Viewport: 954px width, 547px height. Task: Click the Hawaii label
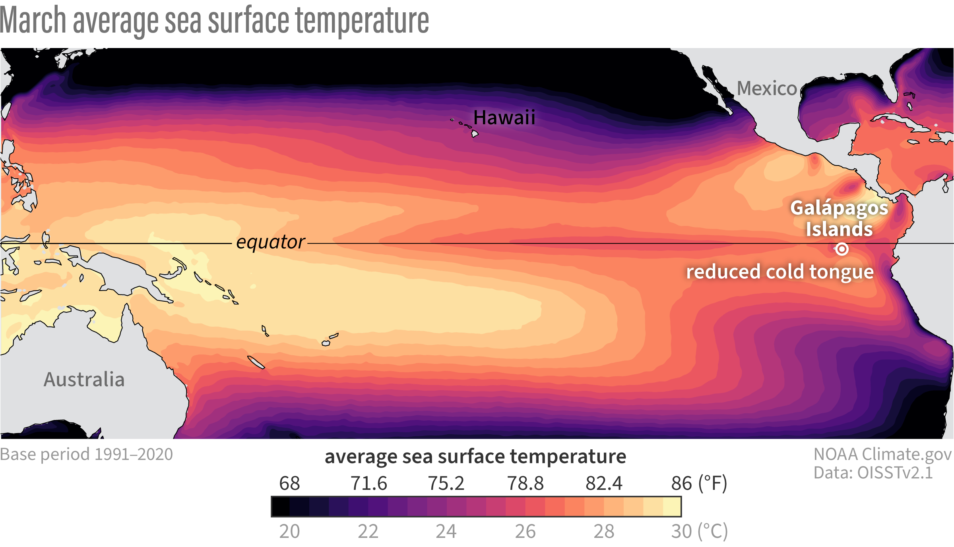[x=504, y=117]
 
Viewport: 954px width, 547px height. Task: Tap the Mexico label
[x=767, y=88]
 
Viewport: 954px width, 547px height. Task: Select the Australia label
[x=84, y=379]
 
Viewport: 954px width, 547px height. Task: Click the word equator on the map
[x=270, y=242]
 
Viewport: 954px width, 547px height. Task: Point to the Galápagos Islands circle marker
[x=842, y=249]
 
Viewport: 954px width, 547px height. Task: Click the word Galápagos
[x=839, y=208]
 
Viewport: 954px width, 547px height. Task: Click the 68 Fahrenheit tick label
[x=289, y=483]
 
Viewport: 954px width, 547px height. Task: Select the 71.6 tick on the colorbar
[x=368, y=483]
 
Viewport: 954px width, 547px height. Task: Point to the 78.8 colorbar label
[x=525, y=483]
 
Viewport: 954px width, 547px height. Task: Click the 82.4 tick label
[x=604, y=483]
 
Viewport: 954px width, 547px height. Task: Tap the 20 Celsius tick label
[x=289, y=531]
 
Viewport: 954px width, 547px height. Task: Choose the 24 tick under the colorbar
[x=446, y=531]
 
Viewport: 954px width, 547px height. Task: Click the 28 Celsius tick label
[x=604, y=531]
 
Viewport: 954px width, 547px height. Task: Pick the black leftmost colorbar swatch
[x=281, y=507]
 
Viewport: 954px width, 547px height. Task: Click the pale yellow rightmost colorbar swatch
[x=672, y=507]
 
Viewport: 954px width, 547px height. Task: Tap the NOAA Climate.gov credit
[x=882, y=454]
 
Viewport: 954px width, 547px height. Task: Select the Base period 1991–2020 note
[x=86, y=454]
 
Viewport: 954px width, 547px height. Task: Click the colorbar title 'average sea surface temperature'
[x=475, y=456]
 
